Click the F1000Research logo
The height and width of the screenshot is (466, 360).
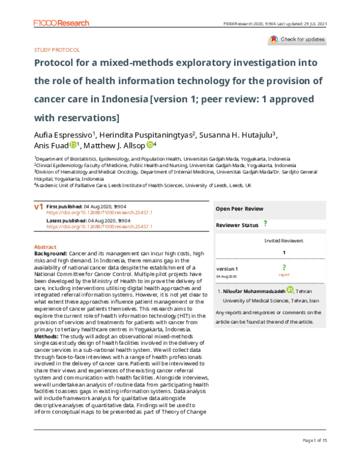click(61, 23)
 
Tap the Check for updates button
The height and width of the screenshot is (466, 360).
click(298, 40)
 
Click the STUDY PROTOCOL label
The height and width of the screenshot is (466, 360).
click(57, 52)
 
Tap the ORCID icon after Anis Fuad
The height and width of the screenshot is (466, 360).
click(74, 145)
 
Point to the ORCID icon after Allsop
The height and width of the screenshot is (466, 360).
click(150, 145)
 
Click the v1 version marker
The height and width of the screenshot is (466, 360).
click(38, 207)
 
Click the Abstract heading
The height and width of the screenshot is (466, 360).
click(45, 247)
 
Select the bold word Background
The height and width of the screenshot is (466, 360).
click(51, 254)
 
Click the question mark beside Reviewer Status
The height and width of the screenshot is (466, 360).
click(265, 224)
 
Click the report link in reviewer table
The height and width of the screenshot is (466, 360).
click(284, 274)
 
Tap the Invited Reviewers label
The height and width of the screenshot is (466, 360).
click(284, 240)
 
